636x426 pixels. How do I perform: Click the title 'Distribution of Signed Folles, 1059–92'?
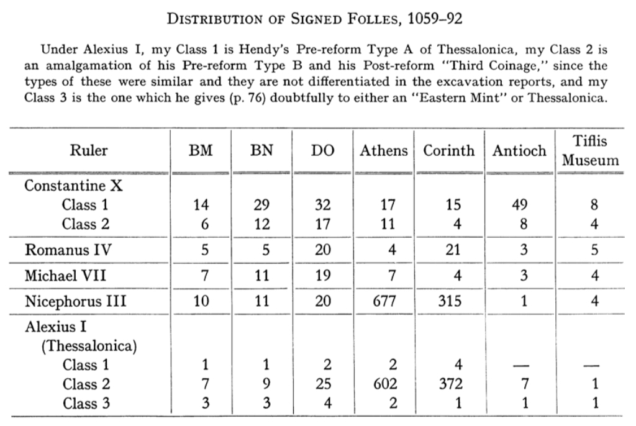315,19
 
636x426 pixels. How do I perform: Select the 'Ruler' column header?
88,150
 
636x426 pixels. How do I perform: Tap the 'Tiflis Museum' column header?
590,150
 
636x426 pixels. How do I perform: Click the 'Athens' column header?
384,150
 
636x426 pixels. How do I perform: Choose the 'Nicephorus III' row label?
75,301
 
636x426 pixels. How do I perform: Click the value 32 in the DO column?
323,205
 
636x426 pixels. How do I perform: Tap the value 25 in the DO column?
323,384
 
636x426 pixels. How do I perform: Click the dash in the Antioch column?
522,366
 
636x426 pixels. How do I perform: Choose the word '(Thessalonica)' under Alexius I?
89,346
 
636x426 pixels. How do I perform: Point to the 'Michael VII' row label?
61,276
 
